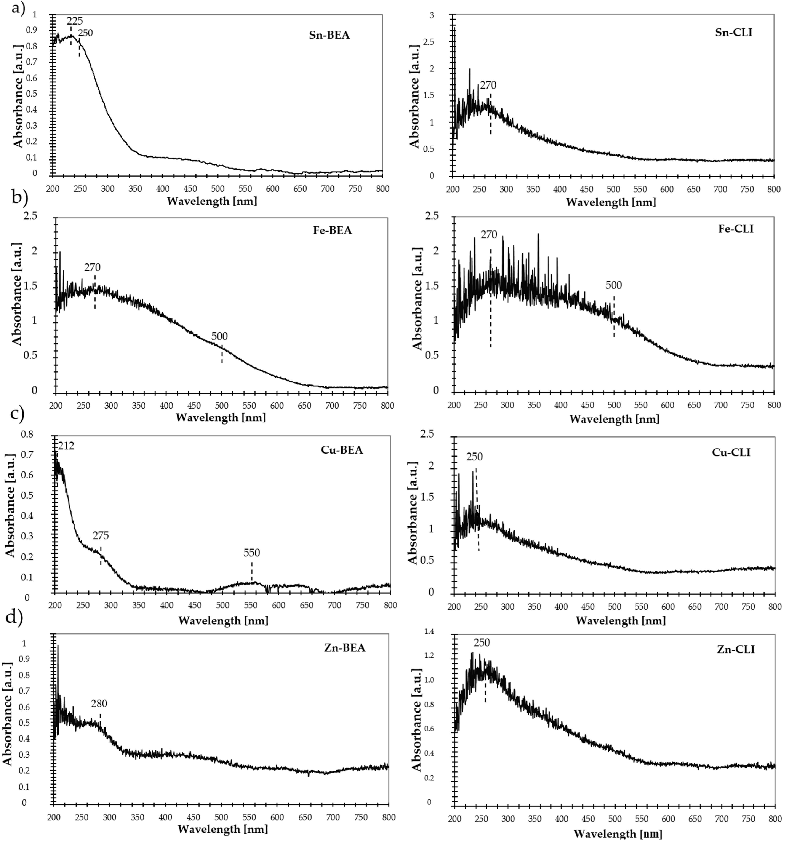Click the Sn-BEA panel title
pos(329,35)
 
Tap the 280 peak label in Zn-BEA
pos(99,703)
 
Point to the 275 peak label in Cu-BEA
pos(101,536)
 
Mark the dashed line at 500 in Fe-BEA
pos(222,354)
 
